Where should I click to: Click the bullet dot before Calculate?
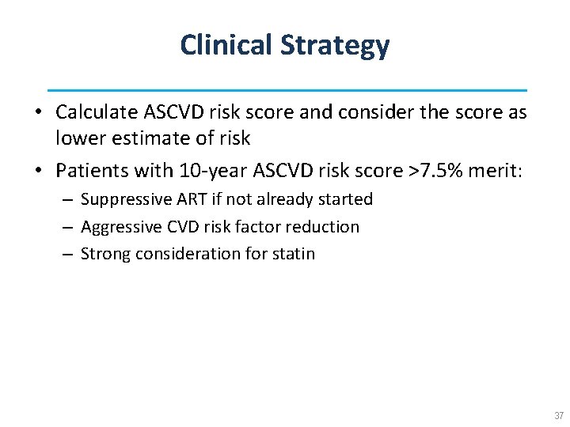(x=38, y=113)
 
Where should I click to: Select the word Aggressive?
(x=120, y=228)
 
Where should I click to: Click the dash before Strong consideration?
(x=66, y=254)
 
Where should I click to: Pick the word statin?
(x=294, y=254)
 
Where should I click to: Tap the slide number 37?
(x=559, y=416)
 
